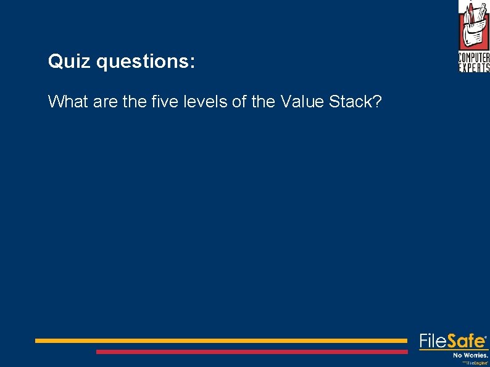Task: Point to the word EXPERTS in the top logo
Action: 474,68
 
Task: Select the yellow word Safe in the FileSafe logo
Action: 466,341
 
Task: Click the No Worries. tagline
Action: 470,355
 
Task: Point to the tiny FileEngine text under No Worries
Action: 476,363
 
